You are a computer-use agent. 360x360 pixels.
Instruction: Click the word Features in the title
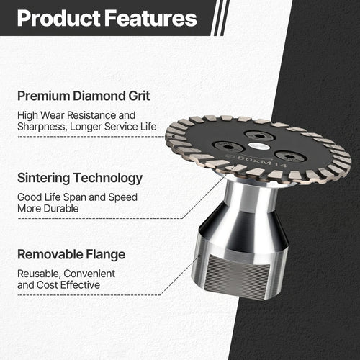149,18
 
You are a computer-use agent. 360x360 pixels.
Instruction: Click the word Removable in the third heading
53,254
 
